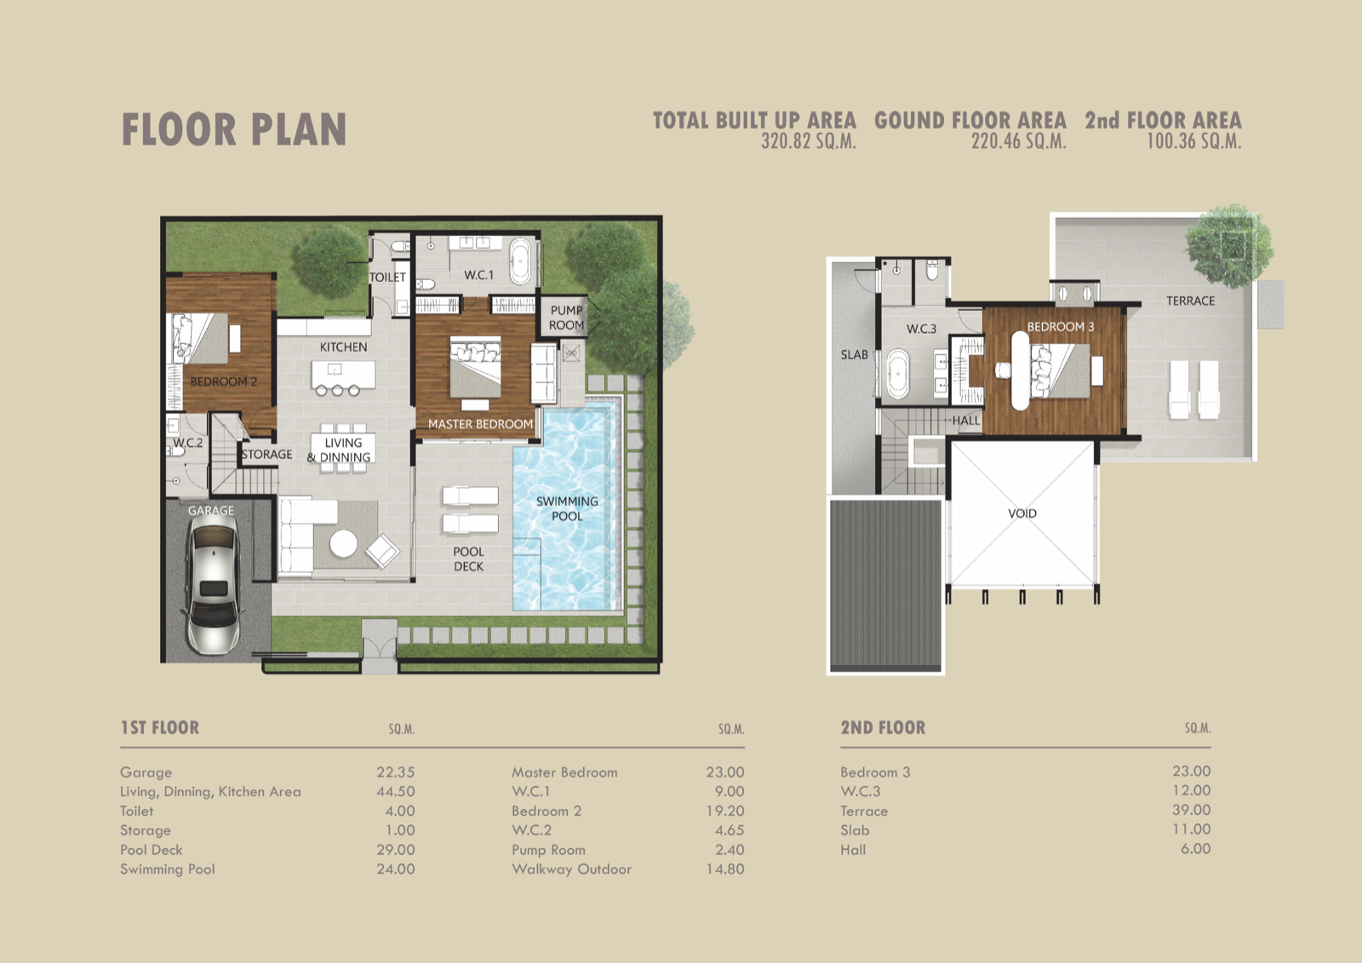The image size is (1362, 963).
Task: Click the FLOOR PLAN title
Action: (234, 129)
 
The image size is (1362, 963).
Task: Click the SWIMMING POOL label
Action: (567, 508)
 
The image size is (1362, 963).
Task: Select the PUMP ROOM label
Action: (566, 318)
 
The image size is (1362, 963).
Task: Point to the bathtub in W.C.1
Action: (520, 261)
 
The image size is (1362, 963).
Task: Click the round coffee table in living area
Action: (344, 543)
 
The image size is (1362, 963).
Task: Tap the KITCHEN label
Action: (344, 347)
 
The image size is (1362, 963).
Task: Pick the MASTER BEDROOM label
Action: (480, 424)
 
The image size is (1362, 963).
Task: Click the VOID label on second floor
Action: (1022, 513)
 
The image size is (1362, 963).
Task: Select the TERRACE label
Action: (1190, 301)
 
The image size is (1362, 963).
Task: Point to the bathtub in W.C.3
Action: (897, 373)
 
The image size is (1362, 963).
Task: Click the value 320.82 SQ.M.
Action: (809, 141)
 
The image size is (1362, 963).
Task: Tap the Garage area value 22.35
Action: (395, 772)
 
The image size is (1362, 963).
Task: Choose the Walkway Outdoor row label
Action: (571, 868)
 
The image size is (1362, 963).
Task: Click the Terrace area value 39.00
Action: (1191, 810)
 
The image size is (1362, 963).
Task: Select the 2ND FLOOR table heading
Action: (883, 728)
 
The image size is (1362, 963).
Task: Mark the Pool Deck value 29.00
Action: (395, 849)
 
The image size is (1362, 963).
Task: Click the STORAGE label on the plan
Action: (267, 455)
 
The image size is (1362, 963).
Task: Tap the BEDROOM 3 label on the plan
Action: (1061, 327)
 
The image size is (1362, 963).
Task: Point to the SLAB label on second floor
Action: (855, 355)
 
